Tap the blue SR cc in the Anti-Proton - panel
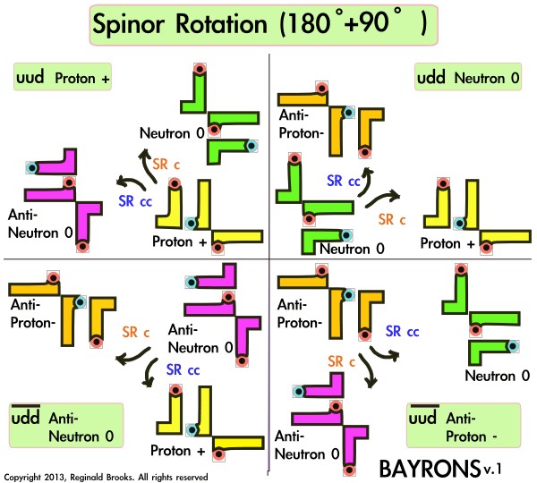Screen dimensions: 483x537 (403, 330)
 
